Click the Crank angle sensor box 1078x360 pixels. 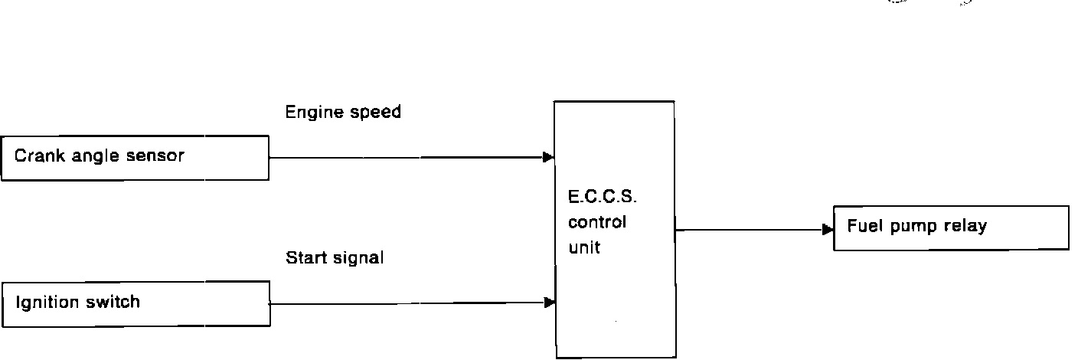(135, 158)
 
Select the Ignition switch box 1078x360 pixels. (136, 303)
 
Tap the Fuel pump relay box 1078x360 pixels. (950, 227)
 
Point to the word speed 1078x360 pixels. (375, 113)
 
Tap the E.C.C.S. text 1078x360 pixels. (603, 198)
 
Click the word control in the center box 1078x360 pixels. (597, 223)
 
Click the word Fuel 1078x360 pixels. (862, 227)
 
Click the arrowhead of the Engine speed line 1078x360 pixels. (548, 158)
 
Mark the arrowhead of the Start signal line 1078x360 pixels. (549, 303)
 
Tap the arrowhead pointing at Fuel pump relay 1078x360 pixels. (828, 229)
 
